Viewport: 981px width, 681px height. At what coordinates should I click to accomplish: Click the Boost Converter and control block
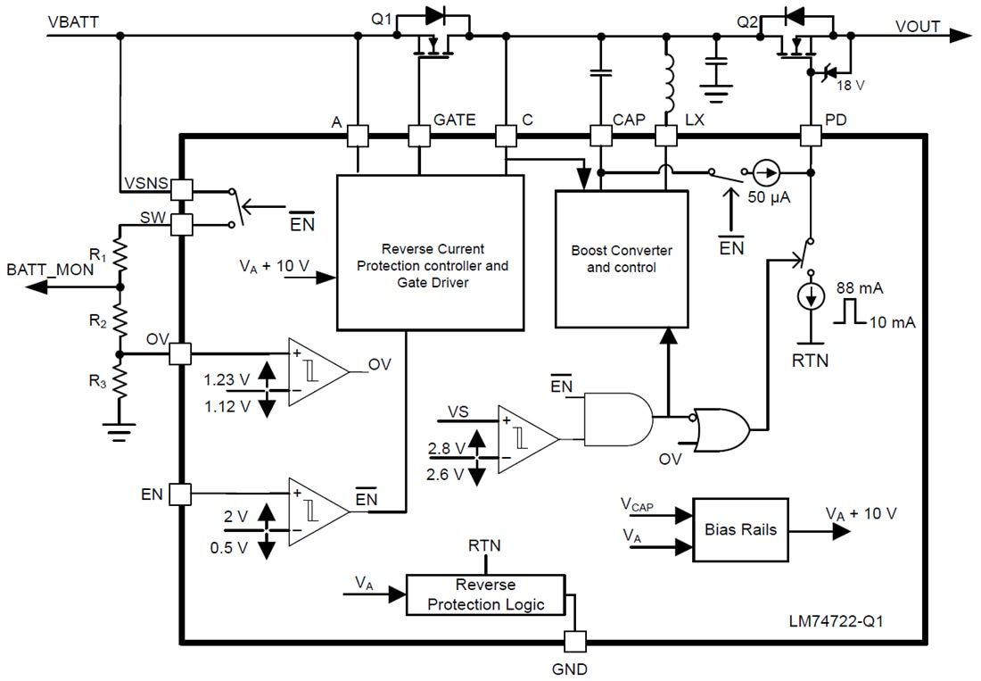pyautogui.click(x=622, y=259)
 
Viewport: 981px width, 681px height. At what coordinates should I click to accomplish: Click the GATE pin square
pyautogui.click(x=418, y=136)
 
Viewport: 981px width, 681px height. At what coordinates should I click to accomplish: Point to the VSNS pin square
pyautogui.click(x=181, y=189)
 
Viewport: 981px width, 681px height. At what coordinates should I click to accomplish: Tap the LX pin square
pyautogui.click(x=665, y=136)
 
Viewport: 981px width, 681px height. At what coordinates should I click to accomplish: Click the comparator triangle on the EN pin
pyautogui.click(x=317, y=511)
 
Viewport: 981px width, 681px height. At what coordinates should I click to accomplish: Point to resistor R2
pyautogui.click(x=120, y=320)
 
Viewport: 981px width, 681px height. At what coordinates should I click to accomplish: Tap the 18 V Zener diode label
pyautogui.click(x=848, y=86)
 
